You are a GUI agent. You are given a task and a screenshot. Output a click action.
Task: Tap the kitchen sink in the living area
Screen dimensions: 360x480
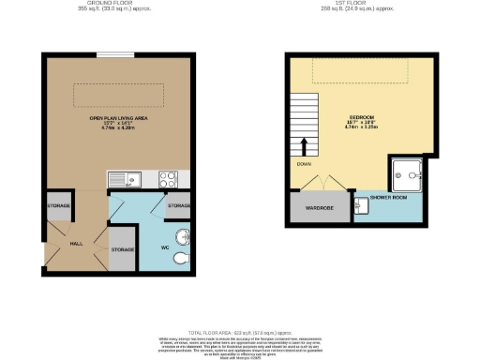click(122, 178)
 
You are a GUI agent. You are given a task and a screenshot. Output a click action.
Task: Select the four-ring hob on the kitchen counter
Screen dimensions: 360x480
click(169, 177)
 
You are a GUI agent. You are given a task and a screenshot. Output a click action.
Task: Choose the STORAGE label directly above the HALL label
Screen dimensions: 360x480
click(58, 205)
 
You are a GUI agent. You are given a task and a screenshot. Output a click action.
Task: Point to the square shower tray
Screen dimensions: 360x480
click(409, 172)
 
